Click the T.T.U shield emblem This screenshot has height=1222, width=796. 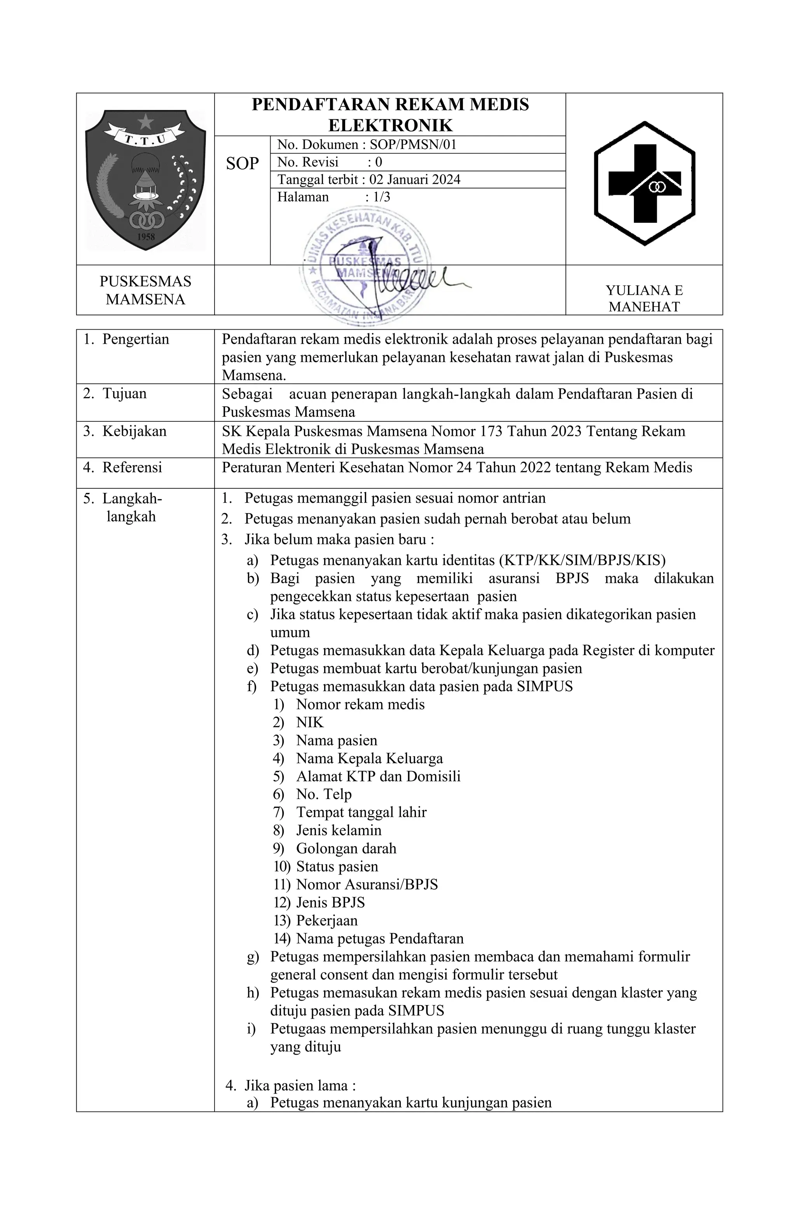click(145, 180)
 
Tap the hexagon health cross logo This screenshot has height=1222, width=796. click(644, 183)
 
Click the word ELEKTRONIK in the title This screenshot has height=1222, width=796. click(390, 125)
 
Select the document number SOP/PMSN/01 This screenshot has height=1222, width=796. click(413, 145)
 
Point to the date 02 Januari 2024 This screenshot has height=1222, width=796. click(415, 180)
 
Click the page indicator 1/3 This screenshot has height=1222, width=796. click(381, 197)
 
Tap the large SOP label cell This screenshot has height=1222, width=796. click(242, 163)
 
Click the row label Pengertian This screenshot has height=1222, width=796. click(136, 339)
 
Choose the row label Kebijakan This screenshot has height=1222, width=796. click(134, 431)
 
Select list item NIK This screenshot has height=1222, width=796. click(309, 722)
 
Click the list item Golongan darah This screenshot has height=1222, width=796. click(346, 849)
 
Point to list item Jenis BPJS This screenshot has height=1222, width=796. click(330, 903)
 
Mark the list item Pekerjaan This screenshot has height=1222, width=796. click(326, 921)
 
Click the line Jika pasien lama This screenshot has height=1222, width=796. click(299, 1086)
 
